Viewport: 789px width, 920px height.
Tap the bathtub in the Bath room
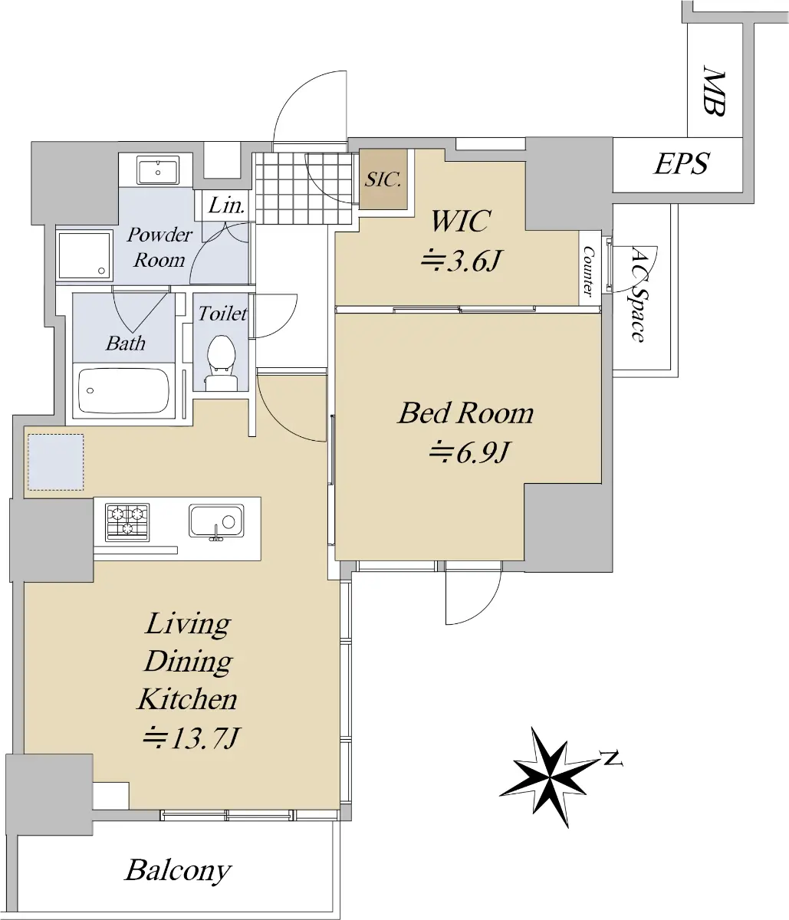point(123,390)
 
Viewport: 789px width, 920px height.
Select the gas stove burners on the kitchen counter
point(127,522)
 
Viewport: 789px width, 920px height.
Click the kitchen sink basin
point(216,521)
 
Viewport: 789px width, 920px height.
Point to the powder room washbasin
point(158,169)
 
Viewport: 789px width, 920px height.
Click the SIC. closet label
point(383,179)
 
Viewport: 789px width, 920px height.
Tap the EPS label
point(681,164)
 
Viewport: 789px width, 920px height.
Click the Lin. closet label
point(227,206)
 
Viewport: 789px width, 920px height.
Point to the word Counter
point(589,271)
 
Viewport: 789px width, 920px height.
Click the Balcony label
point(178,870)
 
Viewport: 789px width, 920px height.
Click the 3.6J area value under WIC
point(462,261)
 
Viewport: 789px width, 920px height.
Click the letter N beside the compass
point(612,758)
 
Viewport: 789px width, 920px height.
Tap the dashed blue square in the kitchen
point(56,462)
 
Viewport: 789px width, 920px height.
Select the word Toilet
point(222,314)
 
